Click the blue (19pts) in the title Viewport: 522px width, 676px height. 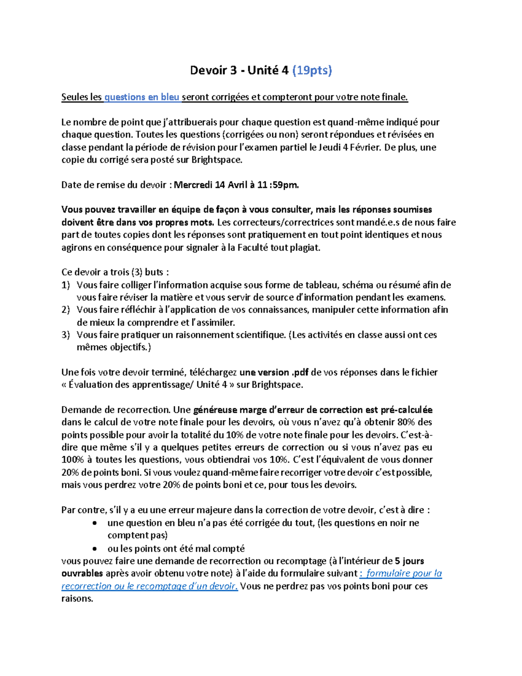point(312,71)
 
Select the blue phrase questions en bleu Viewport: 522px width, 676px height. point(142,97)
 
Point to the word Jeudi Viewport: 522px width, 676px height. point(330,147)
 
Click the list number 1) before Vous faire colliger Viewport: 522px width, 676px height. point(66,286)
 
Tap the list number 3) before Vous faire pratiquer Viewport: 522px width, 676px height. point(66,335)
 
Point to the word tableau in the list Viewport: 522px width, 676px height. point(322,286)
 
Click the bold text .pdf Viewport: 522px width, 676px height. point(300,373)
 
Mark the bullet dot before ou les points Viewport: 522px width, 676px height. point(95,548)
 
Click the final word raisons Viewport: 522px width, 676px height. point(77,599)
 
